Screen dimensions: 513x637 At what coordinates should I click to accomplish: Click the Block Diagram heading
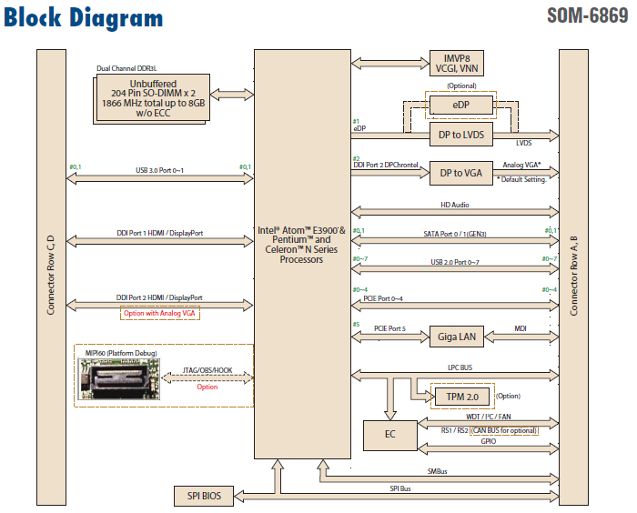pyautogui.click(x=84, y=17)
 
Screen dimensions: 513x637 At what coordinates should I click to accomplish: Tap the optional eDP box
pyautogui.click(x=460, y=105)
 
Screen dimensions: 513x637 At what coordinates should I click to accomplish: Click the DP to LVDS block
pyautogui.click(x=460, y=135)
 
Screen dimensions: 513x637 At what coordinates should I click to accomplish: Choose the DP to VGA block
pyautogui.click(x=460, y=173)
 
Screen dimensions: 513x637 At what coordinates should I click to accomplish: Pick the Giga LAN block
pyautogui.click(x=455, y=337)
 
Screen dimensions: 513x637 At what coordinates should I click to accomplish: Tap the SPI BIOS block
pyautogui.click(x=204, y=496)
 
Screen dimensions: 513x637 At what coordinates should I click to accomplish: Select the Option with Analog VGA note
pyautogui.click(x=159, y=313)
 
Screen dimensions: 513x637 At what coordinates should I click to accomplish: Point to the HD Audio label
pyautogui.click(x=456, y=206)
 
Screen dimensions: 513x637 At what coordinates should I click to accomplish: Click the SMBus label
pyautogui.click(x=438, y=471)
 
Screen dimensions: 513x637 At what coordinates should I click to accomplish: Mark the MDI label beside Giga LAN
pyautogui.click(x=521, y=330)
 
